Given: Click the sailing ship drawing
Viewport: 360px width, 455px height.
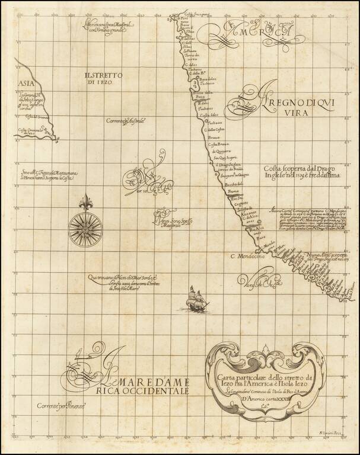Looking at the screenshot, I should point(195,298).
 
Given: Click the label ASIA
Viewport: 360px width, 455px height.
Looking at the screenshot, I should point(26,84).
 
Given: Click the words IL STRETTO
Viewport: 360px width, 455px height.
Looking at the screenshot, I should point(103,76).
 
